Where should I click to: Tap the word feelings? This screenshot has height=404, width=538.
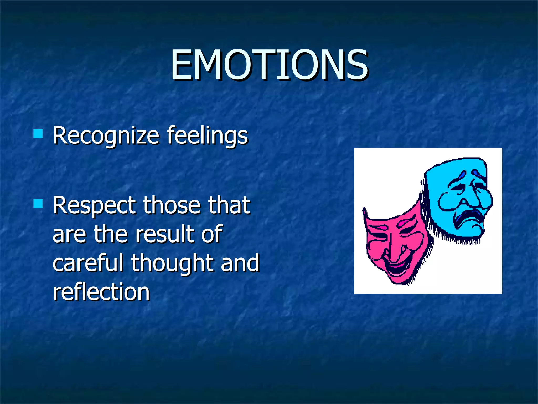pos(207,136)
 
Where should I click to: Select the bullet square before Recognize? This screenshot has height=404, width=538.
pos(38,134)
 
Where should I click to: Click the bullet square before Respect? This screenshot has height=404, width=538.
pos(38,203)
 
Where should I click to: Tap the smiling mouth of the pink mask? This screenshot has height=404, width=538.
pos(397,268)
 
